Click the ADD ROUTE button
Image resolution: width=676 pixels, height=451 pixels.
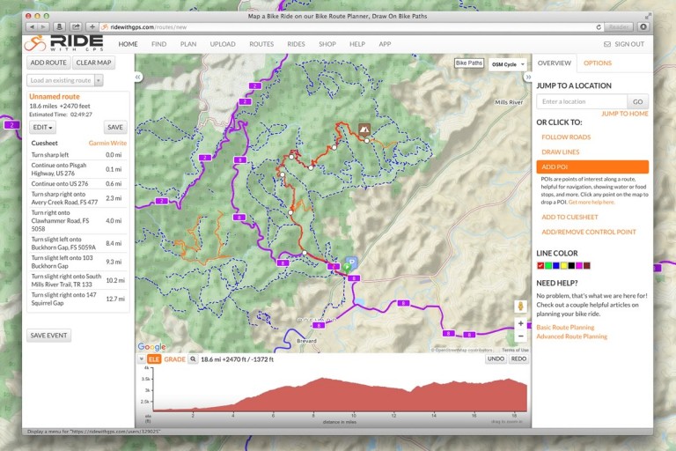point(48,63)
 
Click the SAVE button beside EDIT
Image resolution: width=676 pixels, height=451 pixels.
point(114,127)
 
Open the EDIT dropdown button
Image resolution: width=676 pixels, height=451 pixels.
point(42,127)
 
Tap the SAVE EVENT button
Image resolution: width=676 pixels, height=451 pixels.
point(48,336)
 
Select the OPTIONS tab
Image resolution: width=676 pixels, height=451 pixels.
point(598,63)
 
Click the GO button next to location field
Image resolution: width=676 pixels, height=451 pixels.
point(637,101)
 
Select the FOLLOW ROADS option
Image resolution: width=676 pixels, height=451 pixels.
point(566,137)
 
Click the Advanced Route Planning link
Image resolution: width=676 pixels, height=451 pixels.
point(571,336)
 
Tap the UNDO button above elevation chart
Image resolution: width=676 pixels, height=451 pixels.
point(496,359)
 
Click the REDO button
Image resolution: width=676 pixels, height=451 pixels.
point(518,359)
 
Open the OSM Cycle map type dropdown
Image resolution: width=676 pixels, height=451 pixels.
point(508,64)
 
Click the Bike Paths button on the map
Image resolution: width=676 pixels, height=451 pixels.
point(469,63)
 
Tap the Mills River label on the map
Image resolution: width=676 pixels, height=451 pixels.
point(509,103)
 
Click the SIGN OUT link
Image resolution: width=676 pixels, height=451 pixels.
point(624,44)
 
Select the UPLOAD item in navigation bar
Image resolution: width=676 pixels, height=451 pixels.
point(223,44)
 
